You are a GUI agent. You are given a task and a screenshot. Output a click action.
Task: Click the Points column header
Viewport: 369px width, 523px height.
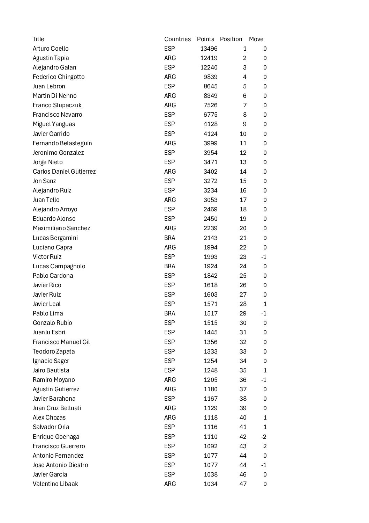205,39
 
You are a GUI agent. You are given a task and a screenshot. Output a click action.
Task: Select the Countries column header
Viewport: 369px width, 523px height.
177,39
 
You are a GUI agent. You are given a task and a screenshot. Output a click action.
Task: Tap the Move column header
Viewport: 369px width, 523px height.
256,39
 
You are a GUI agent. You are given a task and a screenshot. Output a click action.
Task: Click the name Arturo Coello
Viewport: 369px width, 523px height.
51,49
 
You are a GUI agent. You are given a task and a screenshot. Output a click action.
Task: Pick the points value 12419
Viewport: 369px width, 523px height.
209,58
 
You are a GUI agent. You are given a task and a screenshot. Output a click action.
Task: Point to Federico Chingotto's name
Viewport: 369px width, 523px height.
59,77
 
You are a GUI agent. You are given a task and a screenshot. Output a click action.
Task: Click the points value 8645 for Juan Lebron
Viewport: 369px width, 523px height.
211,86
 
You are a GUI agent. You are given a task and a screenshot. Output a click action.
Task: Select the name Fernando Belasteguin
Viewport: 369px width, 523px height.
62,143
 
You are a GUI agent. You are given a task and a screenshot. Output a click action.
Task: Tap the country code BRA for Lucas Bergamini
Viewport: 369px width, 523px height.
170,238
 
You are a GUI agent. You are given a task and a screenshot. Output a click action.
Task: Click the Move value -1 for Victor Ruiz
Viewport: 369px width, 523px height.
264,257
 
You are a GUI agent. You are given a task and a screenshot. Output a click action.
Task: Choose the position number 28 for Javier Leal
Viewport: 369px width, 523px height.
243,304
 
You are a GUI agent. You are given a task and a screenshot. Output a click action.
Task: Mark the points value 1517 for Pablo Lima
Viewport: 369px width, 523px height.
211,313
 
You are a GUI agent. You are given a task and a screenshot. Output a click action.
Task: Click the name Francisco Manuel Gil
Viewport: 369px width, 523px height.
61,342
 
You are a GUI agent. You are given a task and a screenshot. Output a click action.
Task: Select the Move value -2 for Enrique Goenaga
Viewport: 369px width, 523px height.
264,437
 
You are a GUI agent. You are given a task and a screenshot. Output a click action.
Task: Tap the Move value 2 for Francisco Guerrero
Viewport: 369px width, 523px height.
265,446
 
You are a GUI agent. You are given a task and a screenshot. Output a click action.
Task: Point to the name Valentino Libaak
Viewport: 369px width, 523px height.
55,484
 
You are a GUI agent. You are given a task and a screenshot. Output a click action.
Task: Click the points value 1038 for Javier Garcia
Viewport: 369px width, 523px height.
211,474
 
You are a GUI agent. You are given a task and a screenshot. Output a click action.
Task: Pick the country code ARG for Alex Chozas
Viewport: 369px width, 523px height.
170,417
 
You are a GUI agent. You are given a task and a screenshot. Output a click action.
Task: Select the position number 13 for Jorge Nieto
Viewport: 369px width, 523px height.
243,162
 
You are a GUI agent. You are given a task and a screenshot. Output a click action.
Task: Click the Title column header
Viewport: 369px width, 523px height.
38,39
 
